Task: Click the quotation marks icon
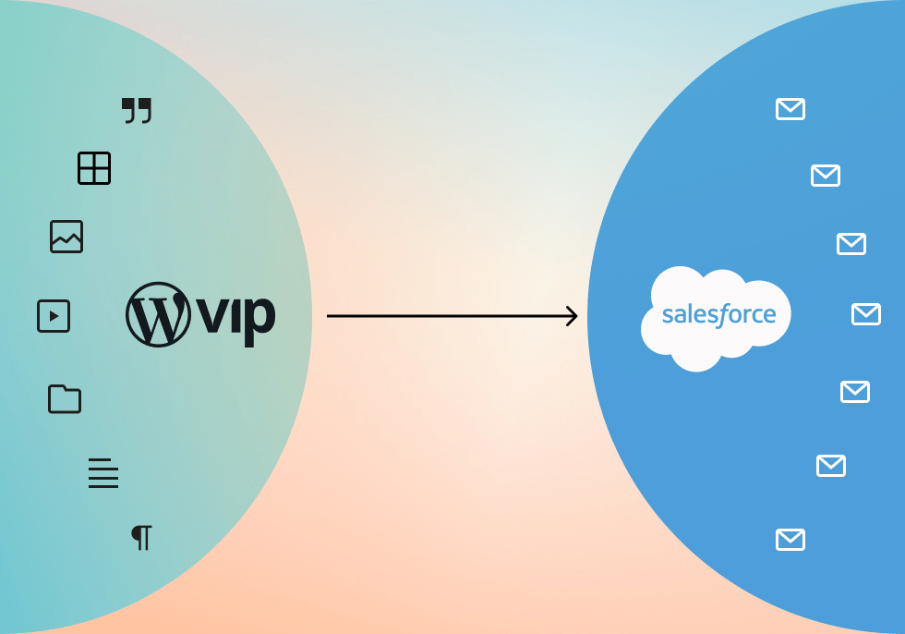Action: point(137,111)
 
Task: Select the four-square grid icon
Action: point(94,168)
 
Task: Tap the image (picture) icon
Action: point(66,237)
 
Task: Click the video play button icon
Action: point(54,316)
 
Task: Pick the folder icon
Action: point(65,398)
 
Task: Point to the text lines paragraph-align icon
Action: point(103,473)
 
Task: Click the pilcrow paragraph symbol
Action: point(141,537)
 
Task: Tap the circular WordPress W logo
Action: point(158,315)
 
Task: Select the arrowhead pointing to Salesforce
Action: point(573,316)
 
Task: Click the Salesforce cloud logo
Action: point(716,317)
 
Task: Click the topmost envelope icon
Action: point(790,110)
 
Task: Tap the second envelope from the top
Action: point(826,176)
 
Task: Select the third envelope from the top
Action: point(851,244)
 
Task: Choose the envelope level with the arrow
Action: point(866,314)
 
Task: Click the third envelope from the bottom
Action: point(855,392)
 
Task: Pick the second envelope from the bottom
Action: point(831,466)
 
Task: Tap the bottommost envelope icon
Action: point(790,540)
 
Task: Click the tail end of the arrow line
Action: point(330,316)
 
